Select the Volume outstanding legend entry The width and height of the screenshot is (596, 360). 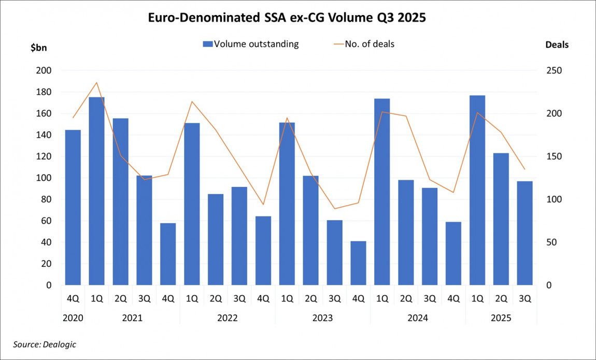(250, 44)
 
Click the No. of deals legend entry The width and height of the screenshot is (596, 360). (363, 44)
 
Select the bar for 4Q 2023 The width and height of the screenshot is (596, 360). (358, 263)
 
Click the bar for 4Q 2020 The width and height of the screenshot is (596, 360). (73, 207)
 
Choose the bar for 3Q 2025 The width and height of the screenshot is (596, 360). (524, 233)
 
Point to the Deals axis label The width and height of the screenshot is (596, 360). (557, 45)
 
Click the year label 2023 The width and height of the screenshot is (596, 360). (322, 318)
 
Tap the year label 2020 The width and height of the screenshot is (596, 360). (73, 318)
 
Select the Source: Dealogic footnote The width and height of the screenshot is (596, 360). (45, 344)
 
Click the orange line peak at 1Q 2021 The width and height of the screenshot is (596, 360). (96, 82)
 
